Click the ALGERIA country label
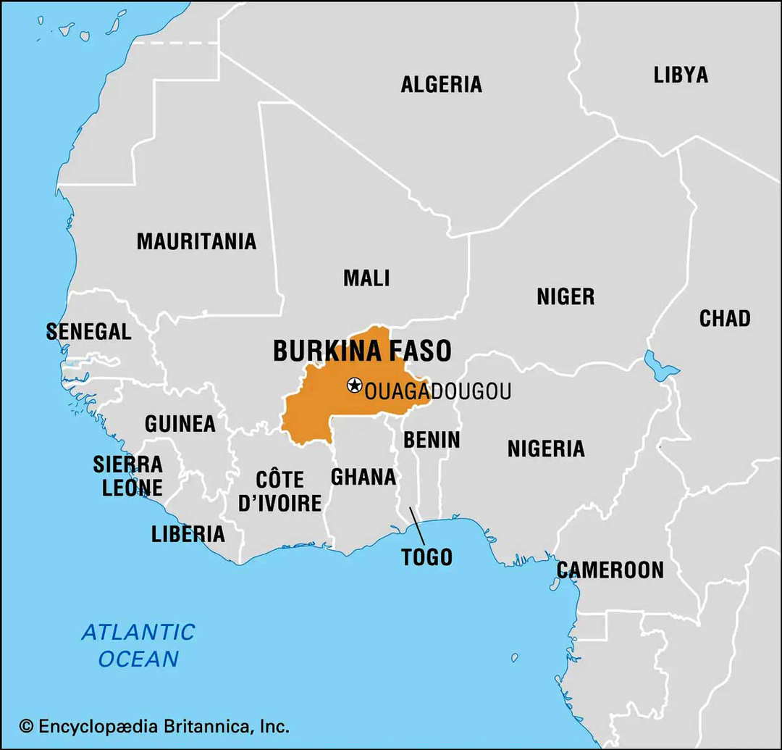[x=441, y=84]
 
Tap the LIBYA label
[x=681, y=75]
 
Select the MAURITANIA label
[x=196, y=241]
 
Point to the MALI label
[x=366, y=278]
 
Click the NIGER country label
[x=566, y=296]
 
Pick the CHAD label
[x=724, y=318]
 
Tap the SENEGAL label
[x=88, y=332]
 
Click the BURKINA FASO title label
[x=362, y=351]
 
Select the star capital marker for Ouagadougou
[x=354, y=385]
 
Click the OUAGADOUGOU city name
[x=438, y=392]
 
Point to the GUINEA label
[x=180, y=424]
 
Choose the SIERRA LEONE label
[x=128, y=475]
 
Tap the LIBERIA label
[x=188, y=535]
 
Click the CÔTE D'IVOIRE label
[x=279, y=491]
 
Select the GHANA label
[x=363, y=477]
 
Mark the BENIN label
[x=432, y=440]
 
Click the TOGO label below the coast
[x=426, y=557]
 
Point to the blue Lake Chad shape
[x=660, y=364]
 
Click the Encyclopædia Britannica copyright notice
[x=154, y=725]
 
